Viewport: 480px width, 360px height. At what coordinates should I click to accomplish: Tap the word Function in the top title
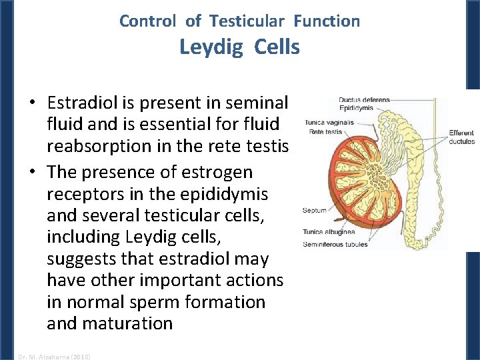[327, 21]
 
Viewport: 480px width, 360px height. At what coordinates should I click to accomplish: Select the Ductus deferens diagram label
[364, 100]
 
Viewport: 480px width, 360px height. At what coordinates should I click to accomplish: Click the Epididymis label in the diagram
[355, 107]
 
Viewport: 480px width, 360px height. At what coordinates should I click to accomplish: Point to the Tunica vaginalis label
[329, 123]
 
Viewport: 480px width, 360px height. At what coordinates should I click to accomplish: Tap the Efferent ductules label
[461, 137]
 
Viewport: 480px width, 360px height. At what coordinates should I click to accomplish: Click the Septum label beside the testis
[315, 211]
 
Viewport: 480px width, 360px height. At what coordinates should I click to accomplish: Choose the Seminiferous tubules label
[335, 245]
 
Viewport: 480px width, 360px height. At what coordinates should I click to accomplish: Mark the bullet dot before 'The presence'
[31, 173]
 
